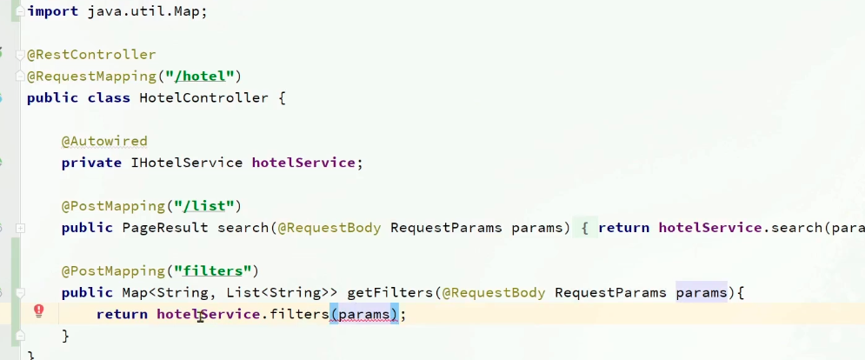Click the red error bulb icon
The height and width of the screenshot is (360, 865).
point(38,311)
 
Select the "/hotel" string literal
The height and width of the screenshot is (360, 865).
point(203,76)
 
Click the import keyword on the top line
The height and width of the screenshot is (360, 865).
point(51,13)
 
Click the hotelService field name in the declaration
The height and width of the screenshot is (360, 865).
point(303,162)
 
